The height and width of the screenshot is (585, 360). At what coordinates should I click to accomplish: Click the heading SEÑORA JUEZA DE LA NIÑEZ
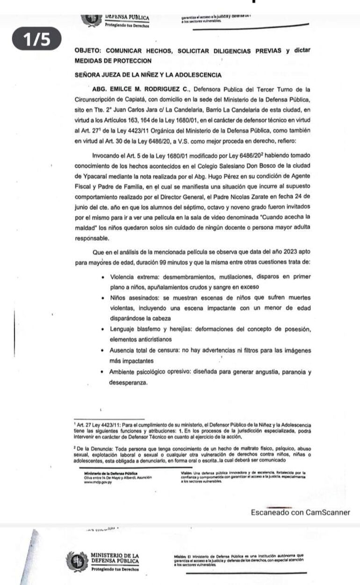tap(148, 75)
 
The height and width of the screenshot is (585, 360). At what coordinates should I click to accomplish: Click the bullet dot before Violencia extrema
tap(103, 277)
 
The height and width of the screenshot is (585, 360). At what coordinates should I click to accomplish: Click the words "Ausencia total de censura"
tap(148, 350)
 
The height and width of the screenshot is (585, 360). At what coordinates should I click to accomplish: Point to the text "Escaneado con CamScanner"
tap(300, 512)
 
